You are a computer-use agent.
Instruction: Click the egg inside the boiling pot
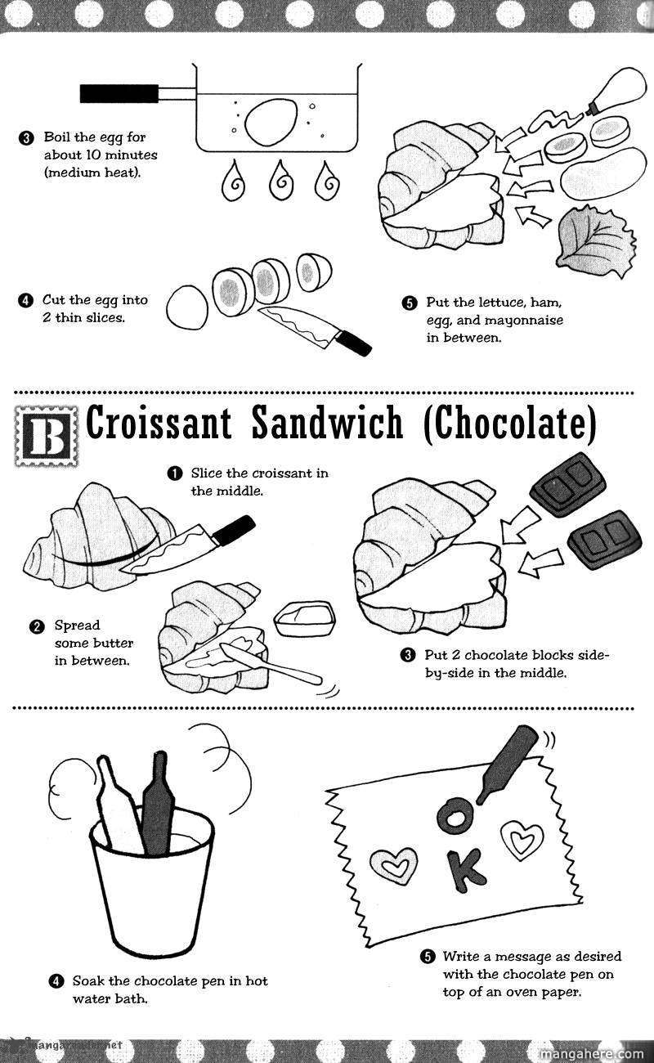pyautogui.click(x=271, y=119)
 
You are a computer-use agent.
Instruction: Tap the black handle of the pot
pyautogui.click(x=119, y=93)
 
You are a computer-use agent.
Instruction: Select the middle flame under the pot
pyautogui.click(x=281, y=180)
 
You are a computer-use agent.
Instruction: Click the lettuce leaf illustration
pyautogui.click(x=597, y=241)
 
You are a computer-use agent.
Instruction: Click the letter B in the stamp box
pyautogui.click(x=47, y=436)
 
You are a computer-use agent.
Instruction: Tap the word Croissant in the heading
pyautogui.click(x=159, y=422)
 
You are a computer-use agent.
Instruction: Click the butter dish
pyautogui.click(x=305, y=618)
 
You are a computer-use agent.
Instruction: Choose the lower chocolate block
pyautogui.click(x=605, y=539)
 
